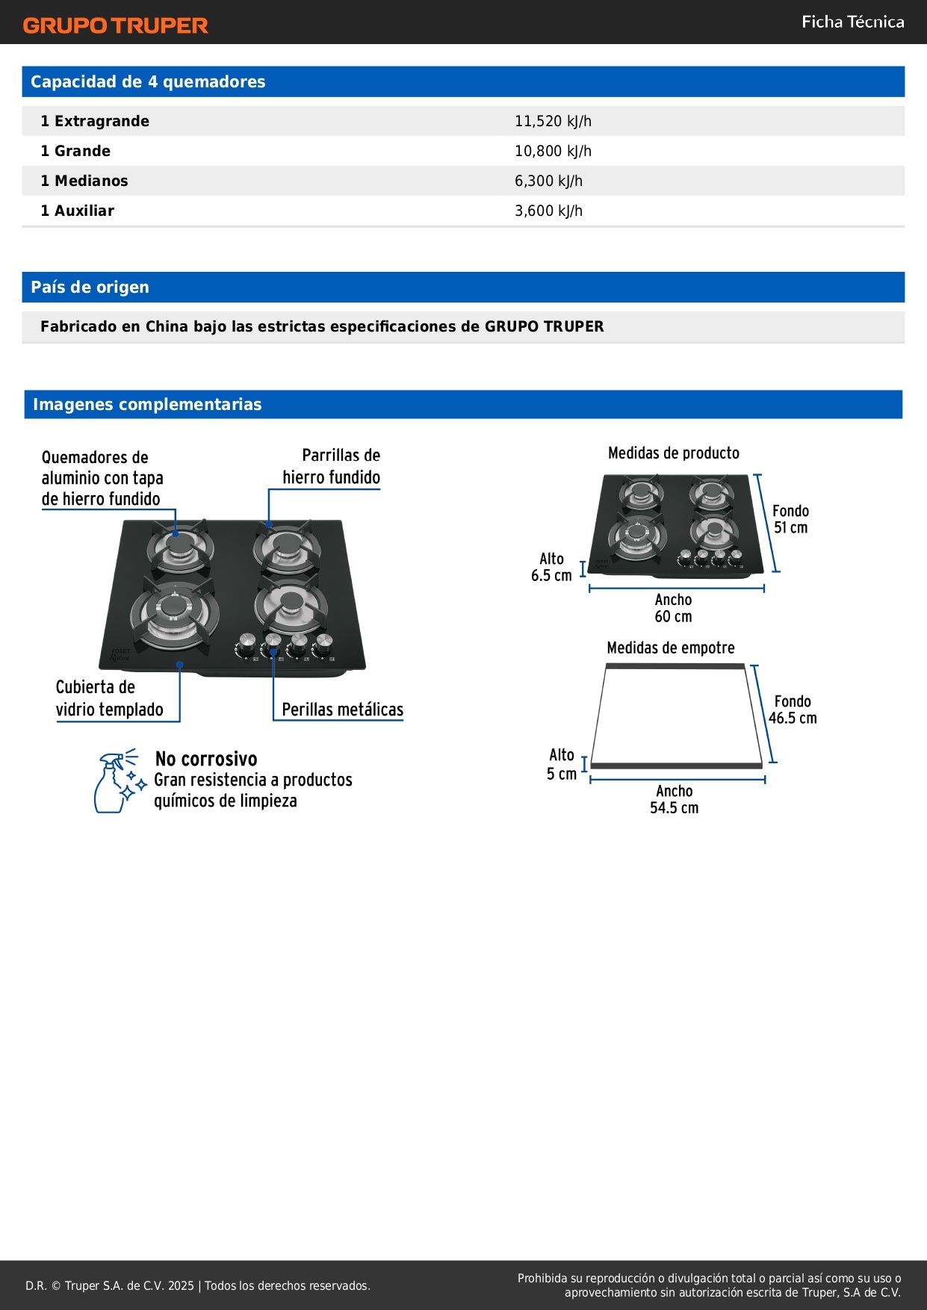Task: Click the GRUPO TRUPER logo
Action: pyautogui.click(x=115, y=25)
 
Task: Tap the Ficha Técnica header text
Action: pyautogui.click(x=852, y=22)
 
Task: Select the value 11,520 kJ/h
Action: pyautogui.click(x=553, y=121)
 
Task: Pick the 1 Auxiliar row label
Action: pyautogui.click(x=78, y=211)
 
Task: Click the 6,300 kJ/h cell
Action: pyautogui.click(x=548, y=181)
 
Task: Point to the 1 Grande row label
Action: pyautogui.click(x=75, y=151)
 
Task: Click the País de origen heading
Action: pyautogui.click(x=90, y=287)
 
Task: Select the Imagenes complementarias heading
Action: pyautogui.click(x=147, y=404)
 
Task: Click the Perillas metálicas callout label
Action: pyautogui.click(x=342, y=710)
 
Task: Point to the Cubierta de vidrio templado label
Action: pyautogui.click(x=109, y=698)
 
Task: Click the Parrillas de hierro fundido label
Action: pyautogui.click(x=332, y=466)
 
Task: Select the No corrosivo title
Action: pyautogui.click(x=206, y=759)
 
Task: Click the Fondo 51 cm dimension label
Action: pyautogui.click(x=790, y=519)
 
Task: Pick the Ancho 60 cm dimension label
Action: pyautogui.click(x=673, y=608)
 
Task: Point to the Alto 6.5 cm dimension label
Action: pyautogui.click(x=551, y=567)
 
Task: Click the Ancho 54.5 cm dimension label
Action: pyautogui.click(x=674, y=799)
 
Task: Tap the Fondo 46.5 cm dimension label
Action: pyautogui.click(x=793, y=710)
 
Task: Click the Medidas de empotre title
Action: pyautogui.click(x=670, y=648)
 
